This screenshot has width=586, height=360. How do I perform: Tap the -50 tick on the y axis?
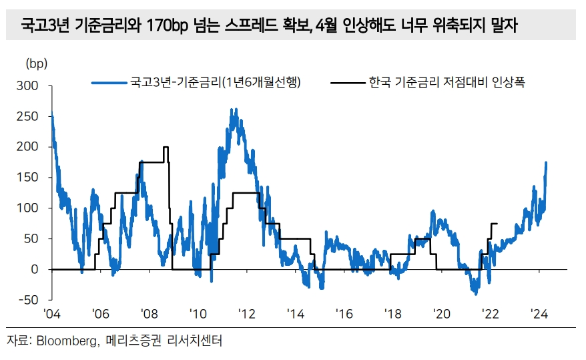click(x=30, y=299)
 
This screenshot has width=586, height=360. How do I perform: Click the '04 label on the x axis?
click(x=52, y=314)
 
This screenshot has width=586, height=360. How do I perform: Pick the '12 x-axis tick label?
click(x=246, y=314)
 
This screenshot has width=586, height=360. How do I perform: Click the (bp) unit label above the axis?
click(x=37, y=64)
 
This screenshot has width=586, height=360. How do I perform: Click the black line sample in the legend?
click(x=347, y=83)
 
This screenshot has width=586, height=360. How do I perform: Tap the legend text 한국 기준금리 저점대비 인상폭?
click(x=444, y=83)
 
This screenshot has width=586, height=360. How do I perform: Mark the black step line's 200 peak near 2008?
click(x=166, y=147)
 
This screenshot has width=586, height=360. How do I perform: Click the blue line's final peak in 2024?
click(x=547, y=162)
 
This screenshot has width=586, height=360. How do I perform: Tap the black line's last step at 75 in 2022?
click(x=495, y=223)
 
